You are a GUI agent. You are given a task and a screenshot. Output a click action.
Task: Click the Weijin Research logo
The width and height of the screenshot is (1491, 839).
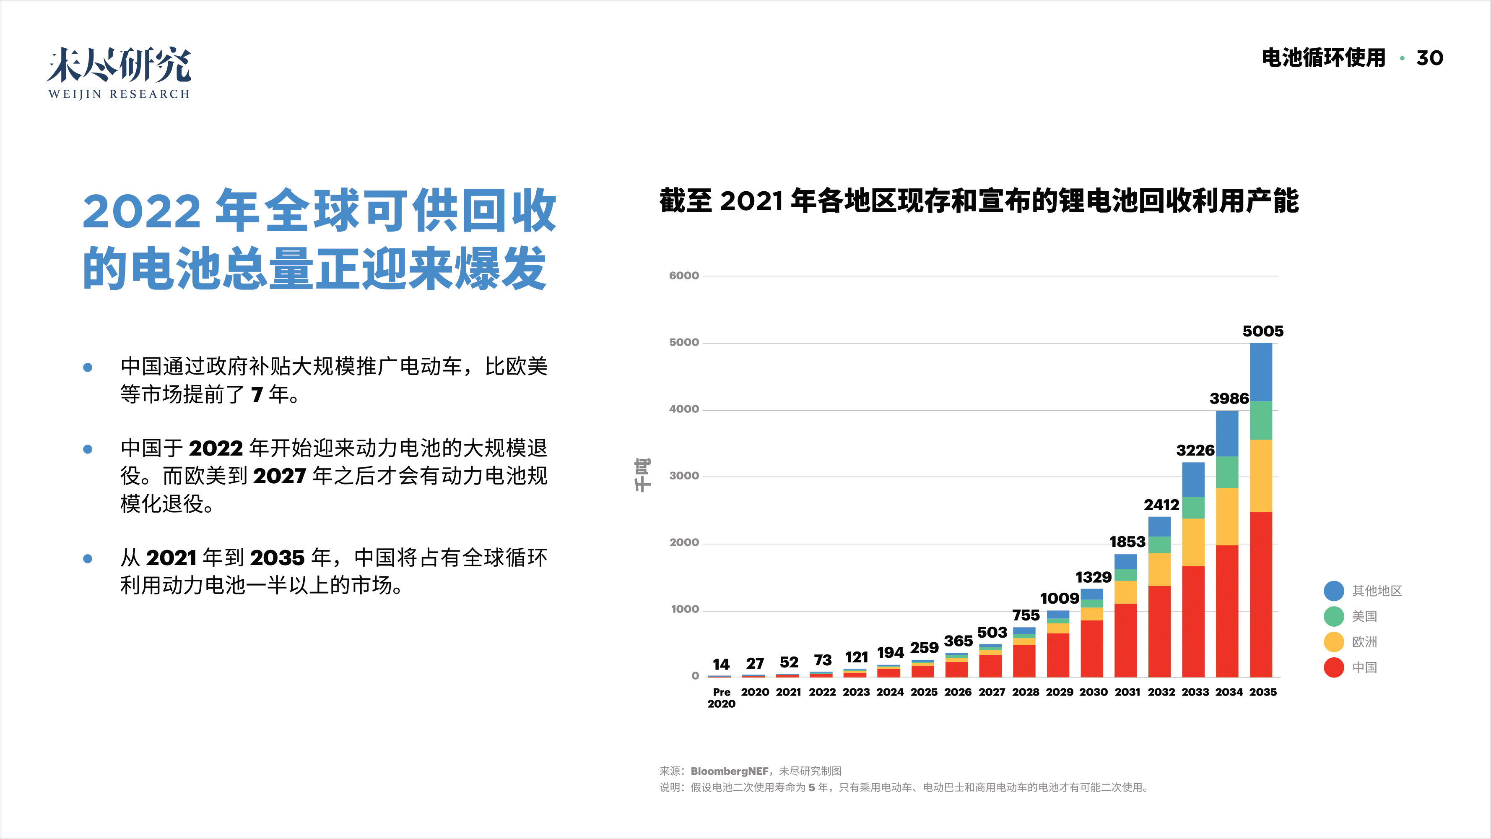[119, 73]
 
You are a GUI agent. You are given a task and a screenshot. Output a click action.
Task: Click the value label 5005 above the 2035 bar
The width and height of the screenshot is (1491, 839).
[1262, 331]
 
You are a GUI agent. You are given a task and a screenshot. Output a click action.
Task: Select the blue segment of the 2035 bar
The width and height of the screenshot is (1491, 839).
[1261, 372]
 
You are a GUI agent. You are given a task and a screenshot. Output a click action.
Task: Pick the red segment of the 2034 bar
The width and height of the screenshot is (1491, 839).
[1227, 611]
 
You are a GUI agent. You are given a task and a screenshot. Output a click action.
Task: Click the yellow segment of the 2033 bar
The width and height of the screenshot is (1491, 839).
[1193, 542]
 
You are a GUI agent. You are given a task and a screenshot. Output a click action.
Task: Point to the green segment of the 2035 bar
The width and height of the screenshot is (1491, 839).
[1261, 420]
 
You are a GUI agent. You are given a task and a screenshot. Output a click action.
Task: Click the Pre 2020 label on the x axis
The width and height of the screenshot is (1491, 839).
[721, 698]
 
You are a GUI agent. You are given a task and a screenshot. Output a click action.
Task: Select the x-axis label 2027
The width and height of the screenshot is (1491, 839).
[992, 692]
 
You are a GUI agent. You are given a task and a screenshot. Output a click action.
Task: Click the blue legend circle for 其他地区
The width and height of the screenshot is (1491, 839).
[1334, 591]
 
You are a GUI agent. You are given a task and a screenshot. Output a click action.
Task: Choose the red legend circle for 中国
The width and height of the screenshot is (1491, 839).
[1334, 667]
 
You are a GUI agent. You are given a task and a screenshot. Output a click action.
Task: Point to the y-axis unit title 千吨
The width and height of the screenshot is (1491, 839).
[642, 475]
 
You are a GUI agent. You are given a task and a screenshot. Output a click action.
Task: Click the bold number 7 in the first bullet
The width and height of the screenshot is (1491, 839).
[257, 395]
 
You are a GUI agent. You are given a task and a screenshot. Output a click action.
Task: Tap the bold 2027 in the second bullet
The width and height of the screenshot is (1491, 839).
[279, 476]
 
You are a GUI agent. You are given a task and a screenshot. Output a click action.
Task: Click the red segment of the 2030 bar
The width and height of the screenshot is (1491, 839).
[1092, 649]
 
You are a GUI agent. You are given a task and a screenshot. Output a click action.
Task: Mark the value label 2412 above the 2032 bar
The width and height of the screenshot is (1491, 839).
[1161, 505]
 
